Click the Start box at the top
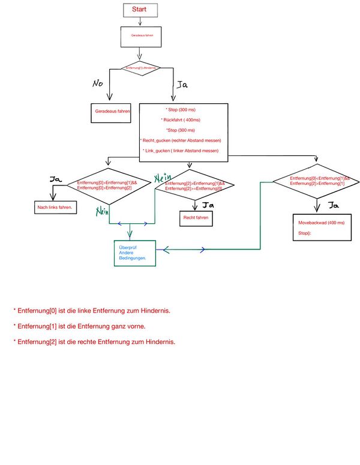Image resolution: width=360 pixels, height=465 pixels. coord(139,10)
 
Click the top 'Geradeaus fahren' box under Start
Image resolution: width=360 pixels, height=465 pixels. coord(142,36)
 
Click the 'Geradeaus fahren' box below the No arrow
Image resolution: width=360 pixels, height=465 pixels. coord(112,112)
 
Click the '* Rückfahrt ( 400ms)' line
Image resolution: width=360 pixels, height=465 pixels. coord(184,120)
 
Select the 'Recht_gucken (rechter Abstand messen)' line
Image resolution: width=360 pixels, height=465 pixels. coord(181,140)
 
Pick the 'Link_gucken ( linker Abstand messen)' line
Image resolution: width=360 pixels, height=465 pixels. coord(181,150)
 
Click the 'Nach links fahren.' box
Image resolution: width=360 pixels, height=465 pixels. coord(54,207)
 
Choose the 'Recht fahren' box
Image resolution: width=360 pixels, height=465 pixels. coord(196,218)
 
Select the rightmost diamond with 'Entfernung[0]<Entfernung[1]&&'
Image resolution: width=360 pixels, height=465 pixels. coord(316,181)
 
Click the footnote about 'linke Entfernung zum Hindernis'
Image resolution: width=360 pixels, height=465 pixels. coord(92,311)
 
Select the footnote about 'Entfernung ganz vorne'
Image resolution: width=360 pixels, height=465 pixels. coord(80,326)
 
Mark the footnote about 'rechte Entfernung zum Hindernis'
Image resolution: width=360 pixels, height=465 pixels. coord(94,341)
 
